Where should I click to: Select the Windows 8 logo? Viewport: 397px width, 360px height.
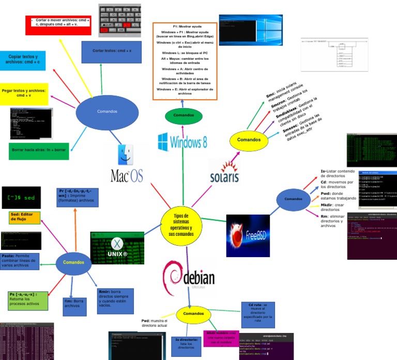click(182, 141)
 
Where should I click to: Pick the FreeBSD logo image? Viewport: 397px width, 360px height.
click(248, 235)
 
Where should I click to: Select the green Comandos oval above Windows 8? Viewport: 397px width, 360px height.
click(183, 115)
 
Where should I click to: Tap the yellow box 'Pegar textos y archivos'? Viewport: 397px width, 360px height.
click(24, 93)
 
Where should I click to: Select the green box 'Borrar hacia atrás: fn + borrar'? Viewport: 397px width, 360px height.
click(38, 149)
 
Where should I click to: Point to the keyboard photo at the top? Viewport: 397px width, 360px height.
click(119, 20)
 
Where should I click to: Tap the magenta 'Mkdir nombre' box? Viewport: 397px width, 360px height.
click(221, 337)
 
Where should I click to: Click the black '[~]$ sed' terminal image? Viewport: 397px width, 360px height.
click(21, 197)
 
